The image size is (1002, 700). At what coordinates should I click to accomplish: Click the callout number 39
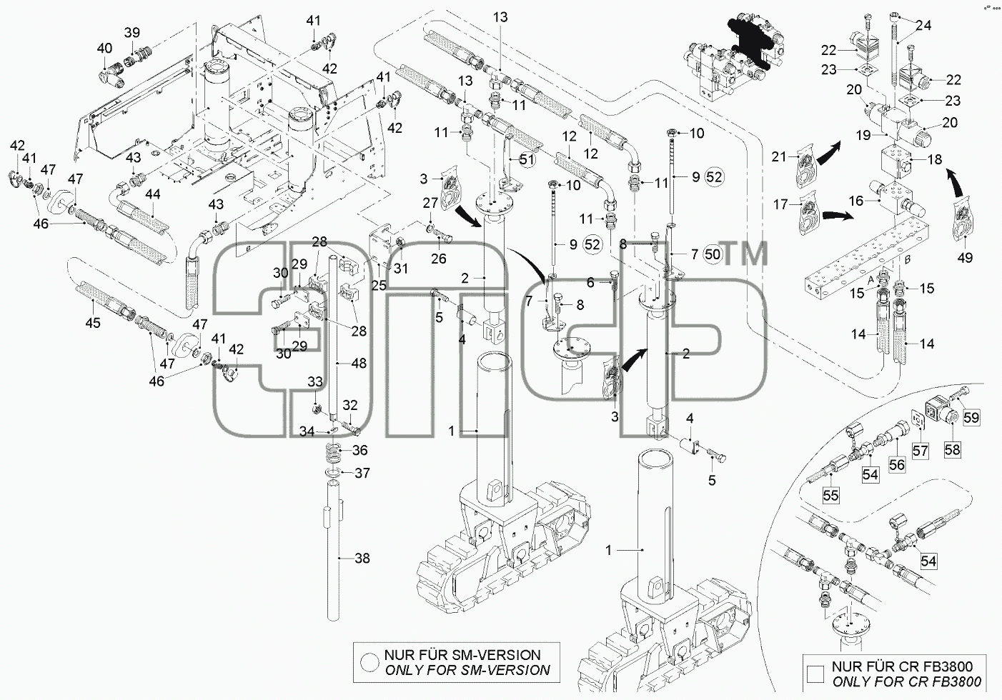click(132, 33)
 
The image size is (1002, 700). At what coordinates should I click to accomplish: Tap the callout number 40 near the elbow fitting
click(104, 48)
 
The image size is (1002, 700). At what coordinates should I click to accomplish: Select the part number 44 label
click(152, 194)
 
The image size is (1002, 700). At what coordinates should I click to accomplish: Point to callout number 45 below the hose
click(93, 322)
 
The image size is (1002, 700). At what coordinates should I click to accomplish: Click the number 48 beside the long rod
click(359, 363)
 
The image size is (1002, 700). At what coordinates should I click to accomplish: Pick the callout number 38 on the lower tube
click(362, 558)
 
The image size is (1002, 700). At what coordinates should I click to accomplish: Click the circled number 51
click(527, 160)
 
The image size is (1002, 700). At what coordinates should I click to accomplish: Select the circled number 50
click(713, 254)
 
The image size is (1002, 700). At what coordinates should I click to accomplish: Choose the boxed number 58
click(953, 449)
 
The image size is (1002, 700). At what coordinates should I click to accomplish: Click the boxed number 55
click(830, 495)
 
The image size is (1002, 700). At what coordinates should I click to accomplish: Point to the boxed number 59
click(971, 418)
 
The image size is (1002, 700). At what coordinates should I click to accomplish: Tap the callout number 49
click(965, 257)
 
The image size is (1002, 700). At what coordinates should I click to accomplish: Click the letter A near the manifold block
click(870, 280)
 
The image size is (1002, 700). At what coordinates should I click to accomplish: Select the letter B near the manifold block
click(908, 260)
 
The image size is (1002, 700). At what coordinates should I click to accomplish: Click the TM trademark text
click(745, 253)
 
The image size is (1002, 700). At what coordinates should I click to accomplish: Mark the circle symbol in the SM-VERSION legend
click(370, 662)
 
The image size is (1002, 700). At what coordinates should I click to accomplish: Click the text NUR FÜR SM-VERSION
click(462, 655)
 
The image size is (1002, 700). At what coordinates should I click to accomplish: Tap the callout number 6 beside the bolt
click(590, 282)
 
